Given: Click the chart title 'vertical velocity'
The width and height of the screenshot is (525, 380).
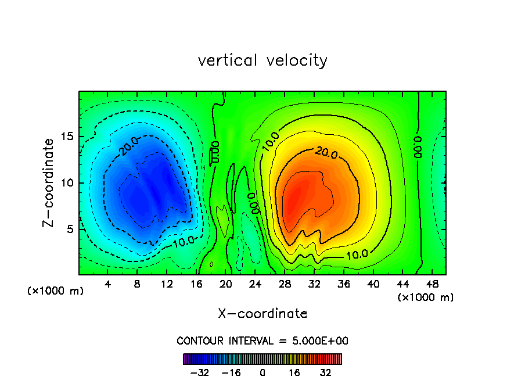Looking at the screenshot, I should pyautogui.click(x=262, y=60).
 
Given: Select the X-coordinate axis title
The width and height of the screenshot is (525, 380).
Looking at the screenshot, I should pyautogui.click(x=262, y=314).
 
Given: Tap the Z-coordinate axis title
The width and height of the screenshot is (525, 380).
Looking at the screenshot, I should pyautogui.click(x=49, y=182).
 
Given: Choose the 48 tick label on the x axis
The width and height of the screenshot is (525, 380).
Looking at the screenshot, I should pyautogui.click(x=432, y=284).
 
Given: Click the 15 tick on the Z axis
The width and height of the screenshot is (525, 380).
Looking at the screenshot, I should pyautogui.click(x=69, y=137).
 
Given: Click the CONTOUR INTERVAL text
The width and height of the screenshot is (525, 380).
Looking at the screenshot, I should pyautogui.click(x=262, y=341).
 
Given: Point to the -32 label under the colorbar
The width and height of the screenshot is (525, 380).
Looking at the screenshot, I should pyautogui.click(x=199, y=372).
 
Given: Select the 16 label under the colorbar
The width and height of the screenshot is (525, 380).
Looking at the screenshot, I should pyautogui.click(x=294, y=372).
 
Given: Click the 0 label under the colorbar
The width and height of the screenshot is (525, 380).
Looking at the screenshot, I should pyautogui.click(x=262, y=372).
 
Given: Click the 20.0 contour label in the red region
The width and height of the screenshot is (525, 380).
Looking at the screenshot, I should pyautogui.click(x=326, y=152).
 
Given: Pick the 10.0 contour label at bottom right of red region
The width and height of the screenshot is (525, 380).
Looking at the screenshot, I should pyautogui.click(x=357, y=254).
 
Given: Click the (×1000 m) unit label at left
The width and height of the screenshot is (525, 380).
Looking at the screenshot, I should pyautogui.click(x=56, y=291).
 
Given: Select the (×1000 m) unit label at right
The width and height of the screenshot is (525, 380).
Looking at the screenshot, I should pyautogui.click(x=425, y=297).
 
